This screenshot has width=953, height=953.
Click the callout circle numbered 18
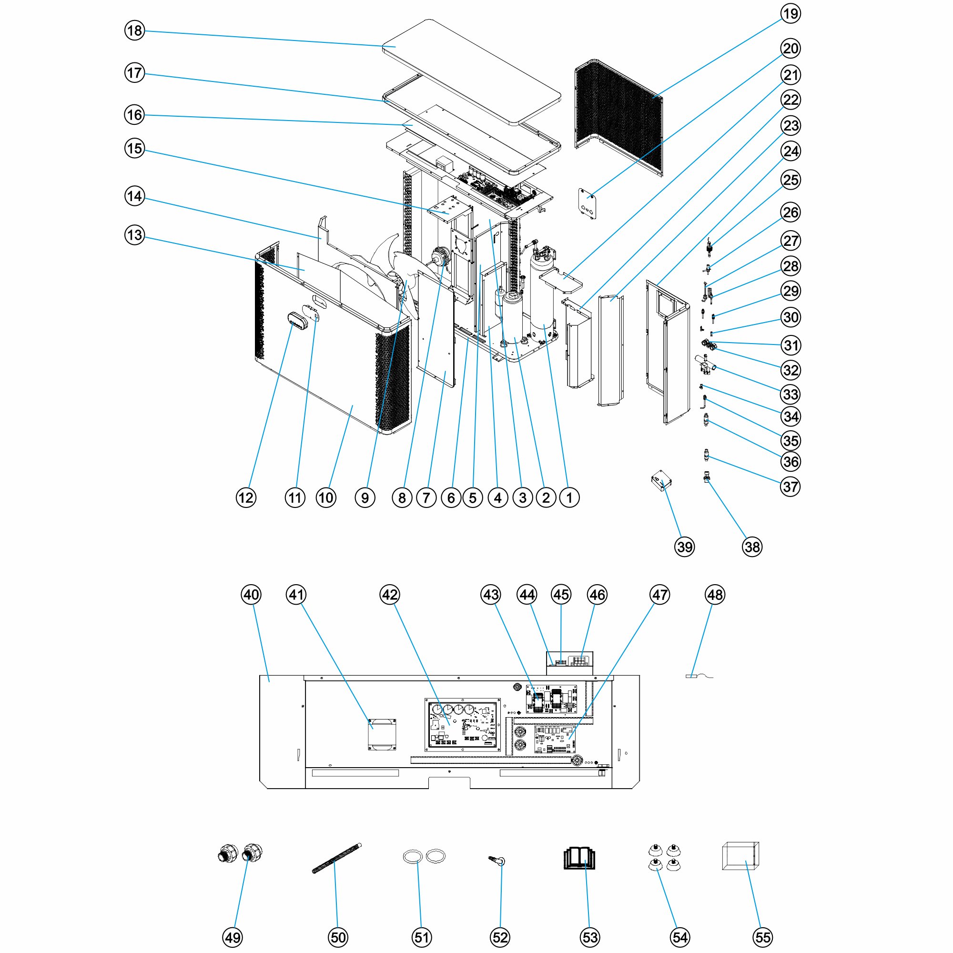click(x=134, y=30)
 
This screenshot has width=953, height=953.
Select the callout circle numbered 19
click(x=791, y=13)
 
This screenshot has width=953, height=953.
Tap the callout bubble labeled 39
click(x=685, y=547)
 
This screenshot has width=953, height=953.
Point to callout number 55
click(x=762, y=937)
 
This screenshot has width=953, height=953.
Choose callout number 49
click(x=233, y=937)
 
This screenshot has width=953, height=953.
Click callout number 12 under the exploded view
click(x=246, y=498)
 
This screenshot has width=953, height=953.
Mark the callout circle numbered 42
click(x=390, y=595)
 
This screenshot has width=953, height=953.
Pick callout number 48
click(x=715, y=595)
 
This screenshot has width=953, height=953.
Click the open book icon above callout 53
click(x=579, y=858)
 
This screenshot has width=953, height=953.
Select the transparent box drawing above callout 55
click(x=740, y=856)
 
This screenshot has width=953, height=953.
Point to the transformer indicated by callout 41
click(x=382, y=734)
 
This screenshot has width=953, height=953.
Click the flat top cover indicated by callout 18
click(x=472, y=72)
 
